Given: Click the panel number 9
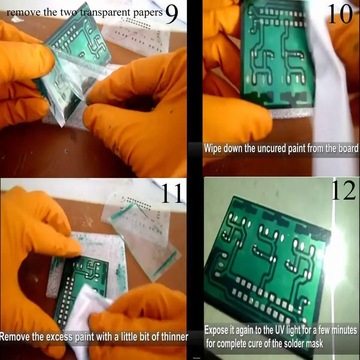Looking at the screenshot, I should (x=171, y=15).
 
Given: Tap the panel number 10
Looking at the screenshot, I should (x=340, y=15).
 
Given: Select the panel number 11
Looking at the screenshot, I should (x=172, y=193).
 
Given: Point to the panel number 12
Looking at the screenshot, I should (x=343, y=191).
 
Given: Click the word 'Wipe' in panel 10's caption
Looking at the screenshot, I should (x=213, y=148).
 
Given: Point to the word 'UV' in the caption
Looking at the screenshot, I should (x=285, y=331).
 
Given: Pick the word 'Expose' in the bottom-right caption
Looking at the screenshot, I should (x=218, y=331).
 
